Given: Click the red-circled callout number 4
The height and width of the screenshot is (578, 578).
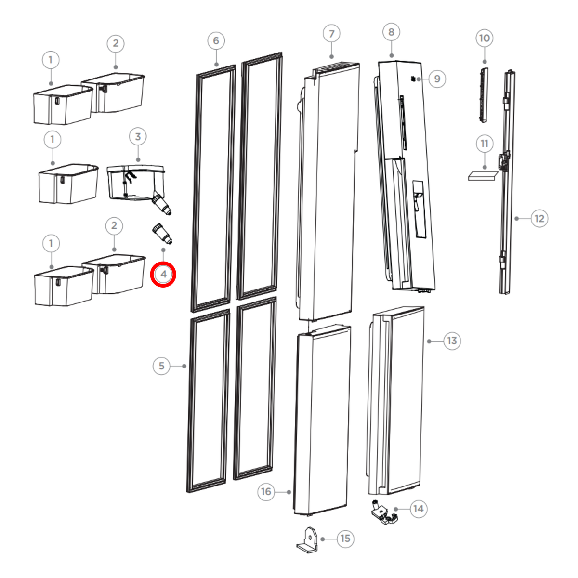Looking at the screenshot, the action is [163, 274].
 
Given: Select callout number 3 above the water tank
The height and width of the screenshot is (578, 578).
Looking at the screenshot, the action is [138, 137].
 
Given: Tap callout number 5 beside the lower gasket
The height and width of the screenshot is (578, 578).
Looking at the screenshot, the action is [161, 366].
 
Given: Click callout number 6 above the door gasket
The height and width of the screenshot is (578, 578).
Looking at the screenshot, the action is [216, 41].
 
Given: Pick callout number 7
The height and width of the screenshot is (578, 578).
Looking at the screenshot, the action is [331, 34].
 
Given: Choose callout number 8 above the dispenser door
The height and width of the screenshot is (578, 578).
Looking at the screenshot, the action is [391, 32].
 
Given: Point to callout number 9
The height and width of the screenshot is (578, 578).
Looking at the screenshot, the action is [437, 79].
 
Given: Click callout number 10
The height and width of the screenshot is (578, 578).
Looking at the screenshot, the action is [485, 38].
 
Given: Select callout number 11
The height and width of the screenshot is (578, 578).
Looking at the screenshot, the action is [485, 144].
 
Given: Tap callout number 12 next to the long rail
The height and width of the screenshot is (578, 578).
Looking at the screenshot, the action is [539, 219].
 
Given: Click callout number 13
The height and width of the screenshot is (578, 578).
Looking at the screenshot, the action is [452, 341].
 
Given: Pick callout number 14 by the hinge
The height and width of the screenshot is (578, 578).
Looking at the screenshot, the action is [419, 509].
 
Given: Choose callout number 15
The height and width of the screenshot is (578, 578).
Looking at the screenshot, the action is [345, 539].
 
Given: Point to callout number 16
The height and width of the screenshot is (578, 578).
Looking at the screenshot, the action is [266, 492].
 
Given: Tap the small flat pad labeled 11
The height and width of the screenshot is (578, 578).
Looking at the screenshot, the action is [483, 176].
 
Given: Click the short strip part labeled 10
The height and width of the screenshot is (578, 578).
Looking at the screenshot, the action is [484, 95].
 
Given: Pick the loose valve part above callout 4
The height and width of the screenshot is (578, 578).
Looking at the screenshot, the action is [162, 233].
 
